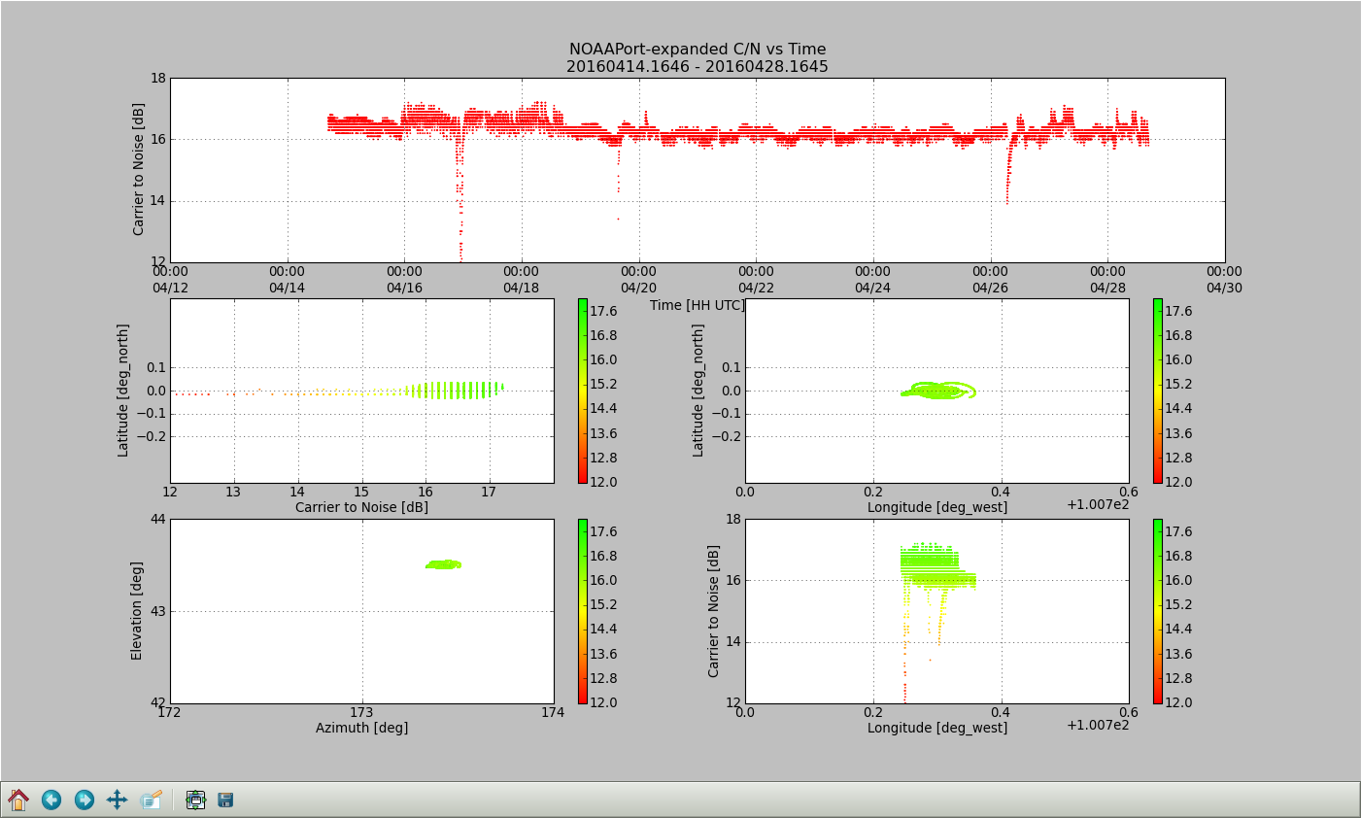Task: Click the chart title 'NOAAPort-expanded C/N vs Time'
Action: tap(697, 50)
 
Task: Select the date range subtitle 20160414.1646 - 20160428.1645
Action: tap(697, 67)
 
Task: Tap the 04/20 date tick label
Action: tap(638, 288)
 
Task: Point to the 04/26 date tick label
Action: tap(990, 288)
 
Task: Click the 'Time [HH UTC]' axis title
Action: tap(697, 305)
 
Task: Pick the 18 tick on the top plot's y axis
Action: tap(157, 78)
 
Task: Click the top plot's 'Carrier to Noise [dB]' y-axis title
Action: tap(139, 169)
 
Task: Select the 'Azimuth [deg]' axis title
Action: tap(361, 728)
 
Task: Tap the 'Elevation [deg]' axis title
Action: tap(137, 611)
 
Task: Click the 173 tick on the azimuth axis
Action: tap(361, 712)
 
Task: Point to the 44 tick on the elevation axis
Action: tap(157, 520)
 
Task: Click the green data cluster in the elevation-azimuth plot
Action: tap(443, 564)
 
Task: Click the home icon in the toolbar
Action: tap(18, 801)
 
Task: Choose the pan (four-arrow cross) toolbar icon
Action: tap(117, 801)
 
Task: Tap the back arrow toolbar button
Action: tap(51, 801)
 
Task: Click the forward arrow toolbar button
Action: tap(85, 801)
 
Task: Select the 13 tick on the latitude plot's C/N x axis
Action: tap(233, 493)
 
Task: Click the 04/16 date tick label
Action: tap(404, 288)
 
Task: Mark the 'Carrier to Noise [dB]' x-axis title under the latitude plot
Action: tap(361, 507)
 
